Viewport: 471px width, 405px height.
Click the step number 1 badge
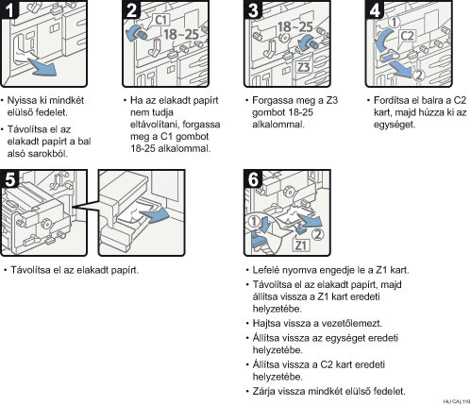(x=9, y=10)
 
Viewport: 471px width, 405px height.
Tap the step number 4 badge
(x=375, y=10)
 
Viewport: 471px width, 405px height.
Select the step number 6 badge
(x=253, y=179)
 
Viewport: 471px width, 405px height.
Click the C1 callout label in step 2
(x=161, y=21)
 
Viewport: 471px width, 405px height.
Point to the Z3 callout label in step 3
(x=303, y=67)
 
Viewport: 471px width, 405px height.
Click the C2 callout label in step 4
(x=407, y=36)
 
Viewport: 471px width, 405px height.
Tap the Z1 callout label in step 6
(x=301, y=245)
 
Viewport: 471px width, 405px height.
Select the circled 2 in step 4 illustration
(x=418, y=76)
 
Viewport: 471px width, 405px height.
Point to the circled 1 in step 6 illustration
(x=253, y=221)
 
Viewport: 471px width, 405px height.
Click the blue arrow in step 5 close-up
(x=155, y=215)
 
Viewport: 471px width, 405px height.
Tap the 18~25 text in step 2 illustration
(x=181, y=34)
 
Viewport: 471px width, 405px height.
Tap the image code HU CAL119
(x=457, y=401)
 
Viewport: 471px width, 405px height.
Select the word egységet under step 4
(x=395, y=125)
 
